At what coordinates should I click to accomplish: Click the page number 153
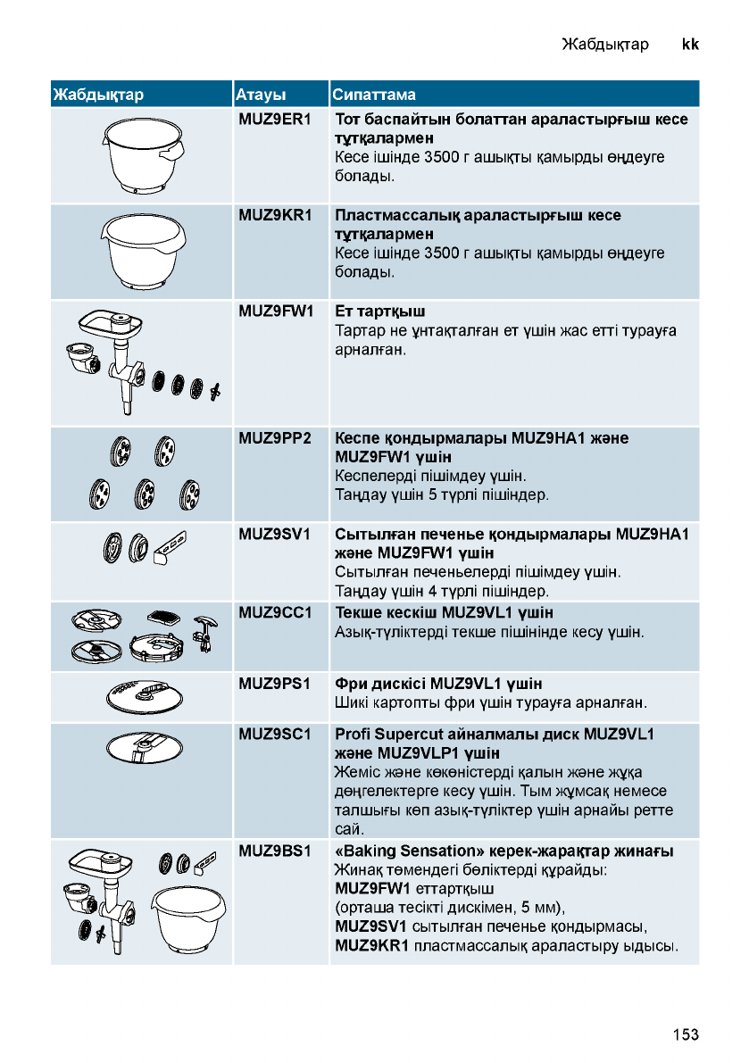686,1034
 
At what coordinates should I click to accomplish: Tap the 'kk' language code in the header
689,43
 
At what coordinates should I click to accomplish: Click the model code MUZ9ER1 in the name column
274,119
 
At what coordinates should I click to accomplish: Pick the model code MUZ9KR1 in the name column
274,215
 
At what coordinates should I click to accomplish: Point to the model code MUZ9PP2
274,438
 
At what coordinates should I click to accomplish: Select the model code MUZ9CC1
274,612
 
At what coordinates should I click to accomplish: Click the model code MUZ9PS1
274,685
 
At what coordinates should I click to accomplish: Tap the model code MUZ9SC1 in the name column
274,735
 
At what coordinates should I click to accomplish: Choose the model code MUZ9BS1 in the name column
274,851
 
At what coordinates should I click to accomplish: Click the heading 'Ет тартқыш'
379,311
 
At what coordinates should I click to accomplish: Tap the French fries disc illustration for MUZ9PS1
142,695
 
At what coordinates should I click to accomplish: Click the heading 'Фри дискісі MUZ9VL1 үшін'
437,685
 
